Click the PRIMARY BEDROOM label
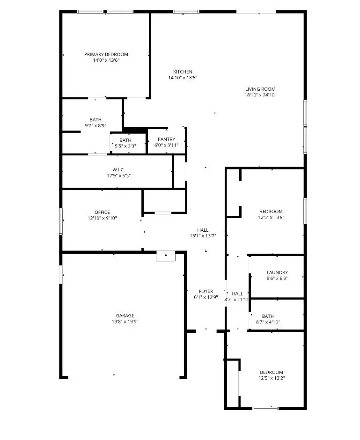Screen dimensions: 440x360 (106, 54)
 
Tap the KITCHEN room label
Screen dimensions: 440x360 (183, 72)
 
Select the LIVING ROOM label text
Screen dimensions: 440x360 (260, 89)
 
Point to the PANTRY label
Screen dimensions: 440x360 (166, 139)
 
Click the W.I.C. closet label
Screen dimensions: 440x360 (118, 169)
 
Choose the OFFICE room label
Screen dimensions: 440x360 (102, 212)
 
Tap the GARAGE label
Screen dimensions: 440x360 (125, 315)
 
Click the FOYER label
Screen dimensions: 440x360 (206, 291)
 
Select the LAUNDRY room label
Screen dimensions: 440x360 (277, 272)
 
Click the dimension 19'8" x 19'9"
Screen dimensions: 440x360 (125, 322)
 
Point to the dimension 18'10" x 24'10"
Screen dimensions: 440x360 (260, 95)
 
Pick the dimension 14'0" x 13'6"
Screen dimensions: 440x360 (106, 60)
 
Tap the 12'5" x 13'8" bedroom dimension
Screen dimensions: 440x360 (271, 217)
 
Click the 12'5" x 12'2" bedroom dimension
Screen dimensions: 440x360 (271, 378)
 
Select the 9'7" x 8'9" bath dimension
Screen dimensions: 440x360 (96, 125)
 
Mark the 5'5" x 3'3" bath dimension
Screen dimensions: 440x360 (125, 146)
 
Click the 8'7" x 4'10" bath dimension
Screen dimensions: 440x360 (268, 322)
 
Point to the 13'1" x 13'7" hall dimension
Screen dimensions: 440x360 (203, 236)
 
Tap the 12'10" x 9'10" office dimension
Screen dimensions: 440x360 (102, 218)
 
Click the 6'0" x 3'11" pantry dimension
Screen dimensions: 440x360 (166, 145)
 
